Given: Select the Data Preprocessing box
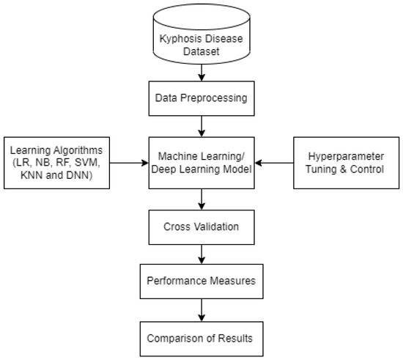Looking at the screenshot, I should (x=201, y=98).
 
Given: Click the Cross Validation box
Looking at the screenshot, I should (x=201, y=227).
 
